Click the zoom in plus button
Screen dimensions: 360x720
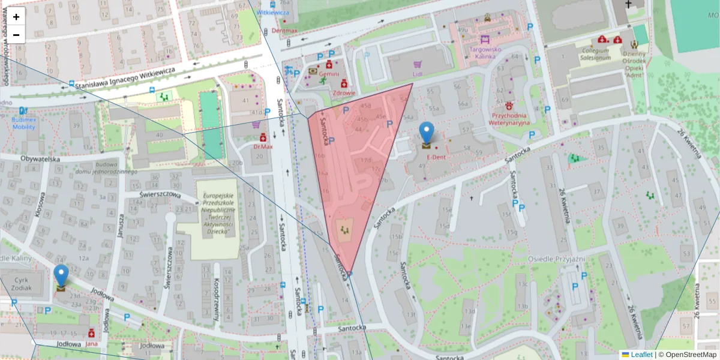[x=16, y=17]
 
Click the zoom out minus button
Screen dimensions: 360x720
[x=16, y=35]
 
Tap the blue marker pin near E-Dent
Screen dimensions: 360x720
[x=426, y=133]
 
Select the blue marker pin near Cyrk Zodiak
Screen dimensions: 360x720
[x=61, y=276]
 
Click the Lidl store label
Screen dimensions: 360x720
[x=418, y=74]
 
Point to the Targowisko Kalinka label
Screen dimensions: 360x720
[x=478, y=53]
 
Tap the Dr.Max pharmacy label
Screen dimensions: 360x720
[x=263, y=146]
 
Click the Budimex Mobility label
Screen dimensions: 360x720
[x=23, y=124]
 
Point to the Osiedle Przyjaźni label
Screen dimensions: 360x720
[x=556, y=259]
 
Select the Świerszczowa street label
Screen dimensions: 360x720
[x=160, y=194]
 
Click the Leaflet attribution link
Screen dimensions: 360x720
[x=641, y=355]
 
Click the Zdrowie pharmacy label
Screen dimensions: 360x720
[x=344, y=93]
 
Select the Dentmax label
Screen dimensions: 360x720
[x=284, y=30]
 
